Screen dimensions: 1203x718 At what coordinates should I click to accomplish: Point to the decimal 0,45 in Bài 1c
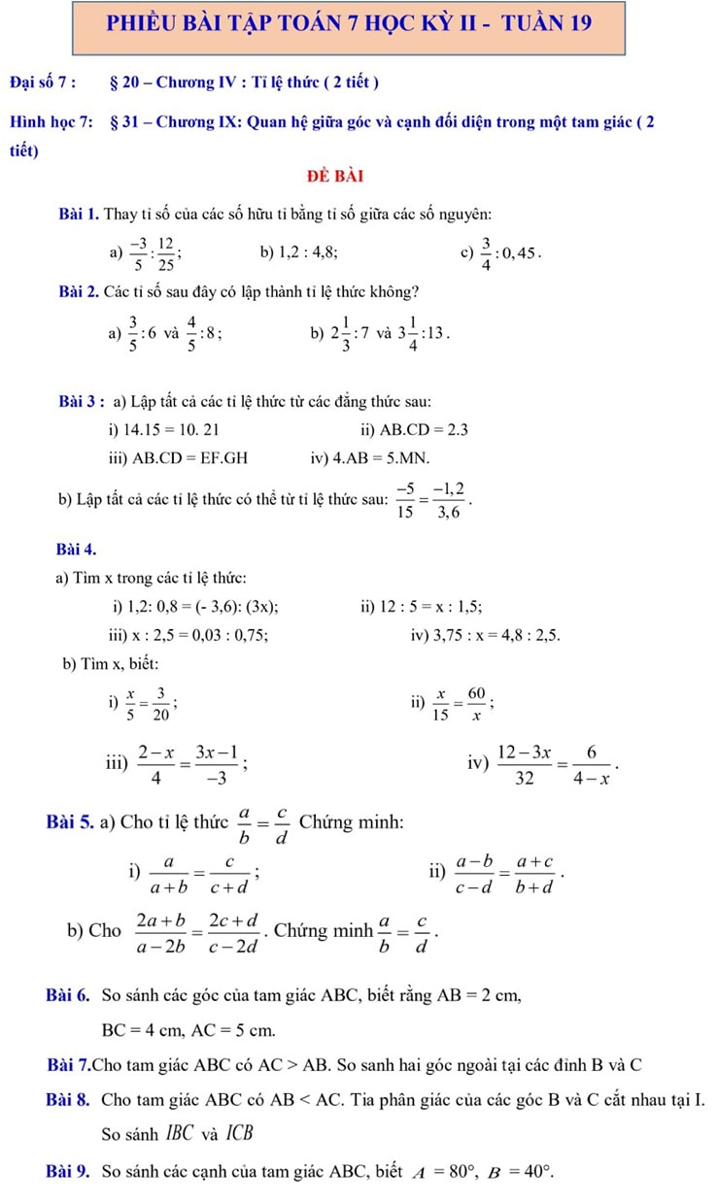(x=517, y=253)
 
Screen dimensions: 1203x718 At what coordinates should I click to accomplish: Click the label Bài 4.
(x=77, y=551)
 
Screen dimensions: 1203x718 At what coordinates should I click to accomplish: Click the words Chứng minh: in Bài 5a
(x=351, y=823)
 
